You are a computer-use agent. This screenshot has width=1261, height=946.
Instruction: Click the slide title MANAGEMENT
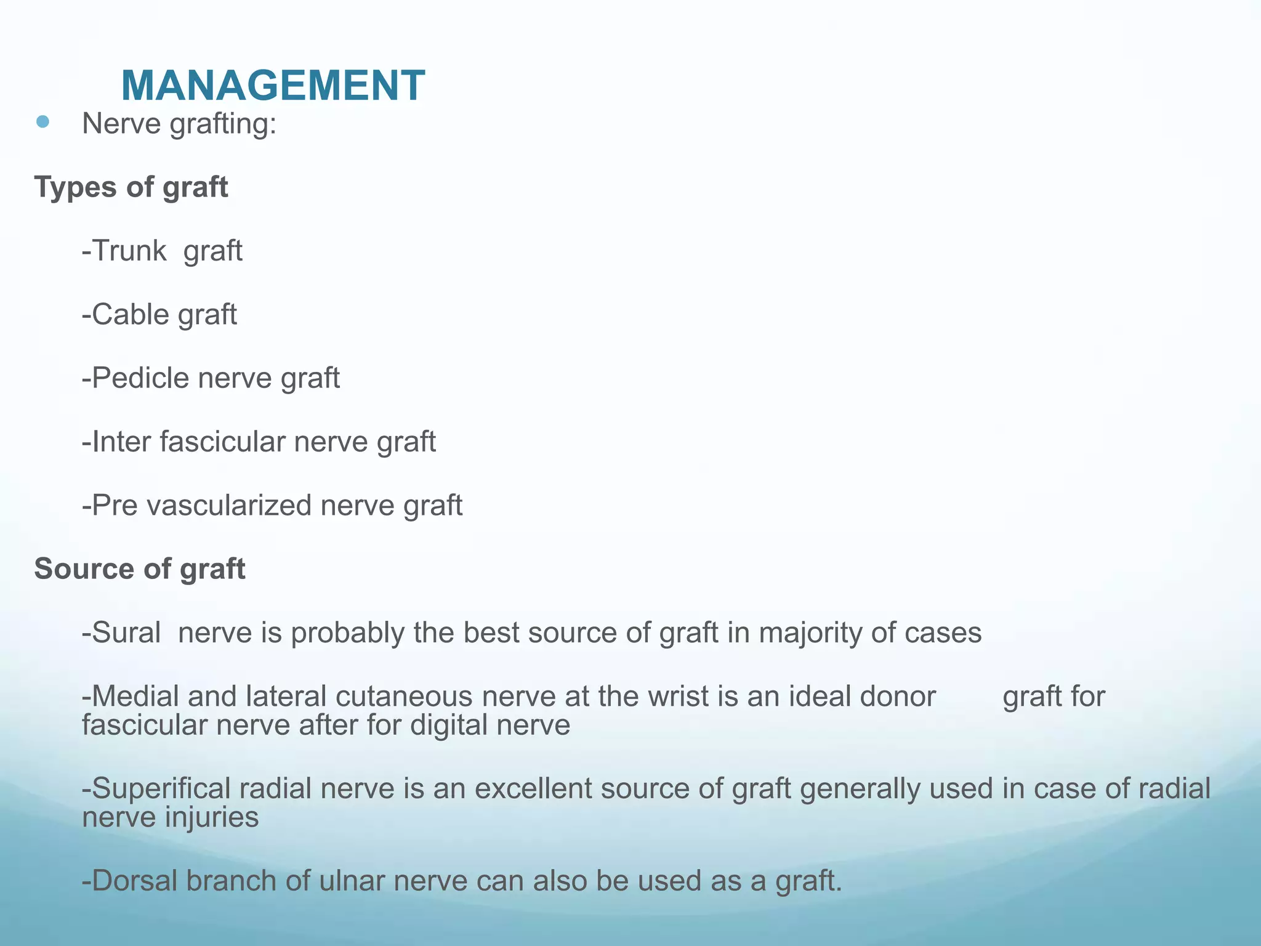click(272, 85)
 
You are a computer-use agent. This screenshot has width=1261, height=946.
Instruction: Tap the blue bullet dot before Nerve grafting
click(42, 122)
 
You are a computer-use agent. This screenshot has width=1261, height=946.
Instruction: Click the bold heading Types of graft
click(131, 187)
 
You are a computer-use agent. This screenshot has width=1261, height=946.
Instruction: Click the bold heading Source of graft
click(140, 568)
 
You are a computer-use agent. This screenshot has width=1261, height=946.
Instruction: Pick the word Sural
click(126, 633)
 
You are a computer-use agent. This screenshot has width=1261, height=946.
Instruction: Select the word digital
click(448, 725)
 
